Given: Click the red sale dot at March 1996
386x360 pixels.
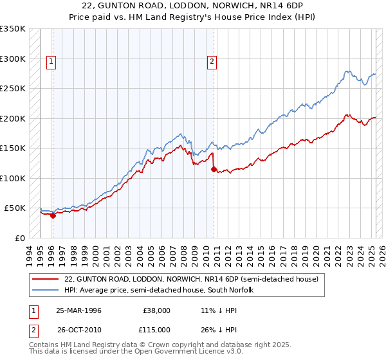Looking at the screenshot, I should [x=53, y=215].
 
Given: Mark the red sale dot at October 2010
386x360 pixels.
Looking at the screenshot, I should [x=214, y=170].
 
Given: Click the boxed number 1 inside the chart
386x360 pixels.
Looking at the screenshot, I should [x=51, y=62].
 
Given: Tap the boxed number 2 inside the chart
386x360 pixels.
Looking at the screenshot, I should [x=212, y=62].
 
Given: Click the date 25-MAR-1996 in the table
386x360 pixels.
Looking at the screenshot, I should [x=78, y=310].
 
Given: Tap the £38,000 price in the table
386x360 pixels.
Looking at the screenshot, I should [x=156, y=310].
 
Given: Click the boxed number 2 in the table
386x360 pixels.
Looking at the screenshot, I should [x=32, y=329].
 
